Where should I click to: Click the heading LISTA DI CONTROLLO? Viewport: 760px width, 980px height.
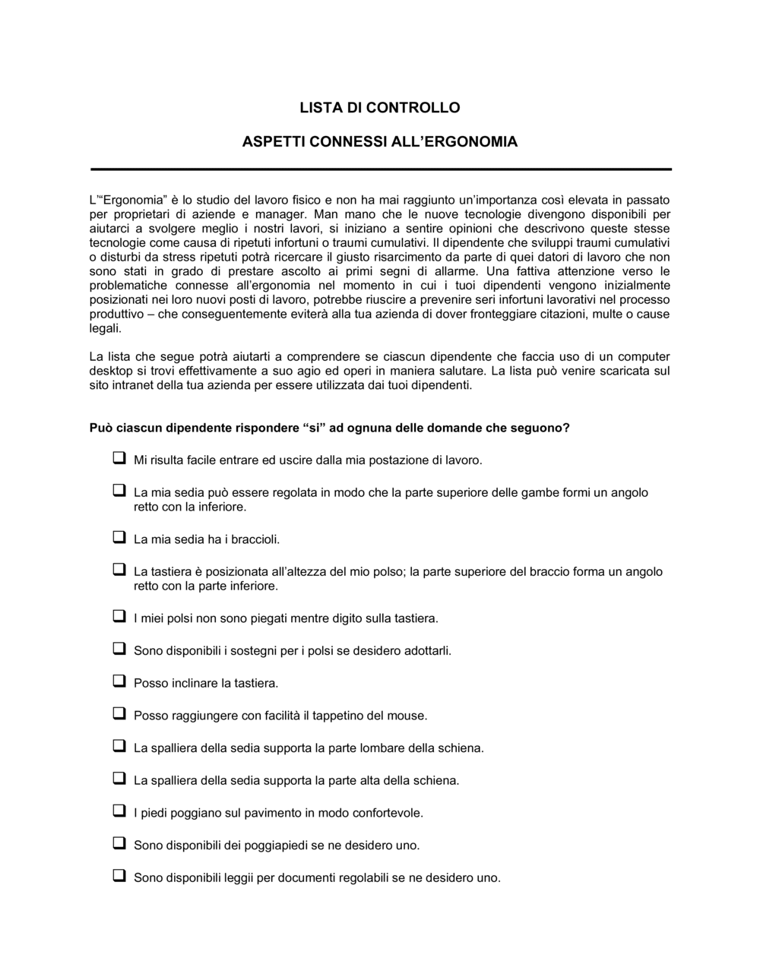[379, 108]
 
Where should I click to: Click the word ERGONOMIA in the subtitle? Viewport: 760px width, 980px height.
[469, 142]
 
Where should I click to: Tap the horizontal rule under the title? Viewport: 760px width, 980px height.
[381, 169]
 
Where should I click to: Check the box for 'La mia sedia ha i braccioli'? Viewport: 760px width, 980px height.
[119, 537]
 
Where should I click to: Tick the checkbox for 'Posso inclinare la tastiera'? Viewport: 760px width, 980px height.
[119, 681]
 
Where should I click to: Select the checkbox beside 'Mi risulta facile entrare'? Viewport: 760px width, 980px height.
[119, 458]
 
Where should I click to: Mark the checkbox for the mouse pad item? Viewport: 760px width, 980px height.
[119, 713]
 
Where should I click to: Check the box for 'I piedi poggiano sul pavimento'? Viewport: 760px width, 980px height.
[119, 811]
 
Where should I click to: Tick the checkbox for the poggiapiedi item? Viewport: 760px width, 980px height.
[119, 842]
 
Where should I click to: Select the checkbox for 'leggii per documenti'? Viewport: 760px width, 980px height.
[119, 875]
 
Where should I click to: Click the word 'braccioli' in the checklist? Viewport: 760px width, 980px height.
[255, 540]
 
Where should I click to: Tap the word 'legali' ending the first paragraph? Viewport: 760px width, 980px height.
[104, 329]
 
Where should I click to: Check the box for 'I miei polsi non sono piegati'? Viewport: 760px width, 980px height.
[119, 616]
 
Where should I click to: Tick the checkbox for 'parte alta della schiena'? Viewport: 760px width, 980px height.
[119, 778]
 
